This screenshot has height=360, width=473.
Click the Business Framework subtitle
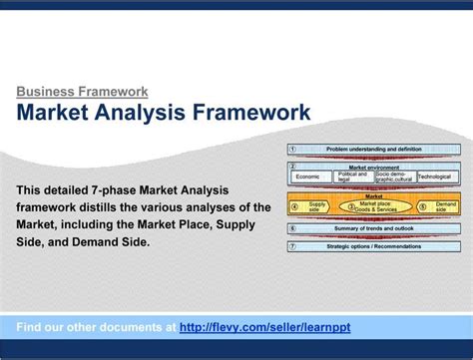click(x=82, y=92)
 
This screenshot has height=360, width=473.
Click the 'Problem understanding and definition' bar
click(x=374, y=148)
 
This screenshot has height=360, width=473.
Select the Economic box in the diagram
click(x=308, y=177)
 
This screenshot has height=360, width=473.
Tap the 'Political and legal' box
click(x=352, y=177)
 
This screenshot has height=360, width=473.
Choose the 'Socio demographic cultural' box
click(x=394, y=177)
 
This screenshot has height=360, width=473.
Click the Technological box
click(x=435, y=177)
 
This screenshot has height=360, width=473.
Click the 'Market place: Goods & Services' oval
click(x=374, y=206)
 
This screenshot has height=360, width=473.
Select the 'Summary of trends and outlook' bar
click(x=374, y=228)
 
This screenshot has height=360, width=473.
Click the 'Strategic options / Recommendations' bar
click(x=374, y=246)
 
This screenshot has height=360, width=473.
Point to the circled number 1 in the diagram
click(x=292, y=148)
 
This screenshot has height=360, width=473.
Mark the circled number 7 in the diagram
click(x=292, y=246)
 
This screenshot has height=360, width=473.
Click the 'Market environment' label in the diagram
click(x=374, y=166)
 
